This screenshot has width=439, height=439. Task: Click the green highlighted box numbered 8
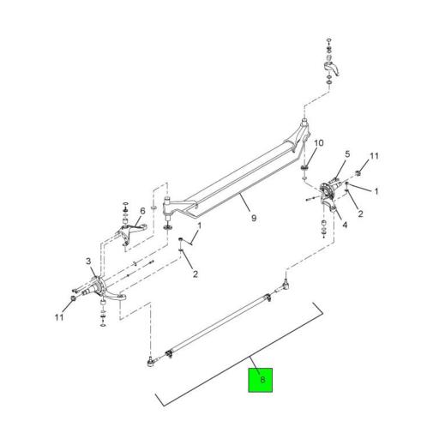click(260, 380)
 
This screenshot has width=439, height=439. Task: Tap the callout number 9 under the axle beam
click(254, 219)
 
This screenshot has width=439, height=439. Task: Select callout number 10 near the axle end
click(319, 143)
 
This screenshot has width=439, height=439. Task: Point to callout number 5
click(347, 154)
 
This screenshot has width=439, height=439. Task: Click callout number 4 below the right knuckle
click(345, 225)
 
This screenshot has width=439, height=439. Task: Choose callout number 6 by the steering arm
click(142, 211)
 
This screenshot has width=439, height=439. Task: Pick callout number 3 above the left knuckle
click(88, 261)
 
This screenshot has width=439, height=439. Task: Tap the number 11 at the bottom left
click(59, 317)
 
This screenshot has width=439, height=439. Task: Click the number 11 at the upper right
click(374, 156)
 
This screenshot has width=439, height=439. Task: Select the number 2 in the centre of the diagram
click(195, 274)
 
